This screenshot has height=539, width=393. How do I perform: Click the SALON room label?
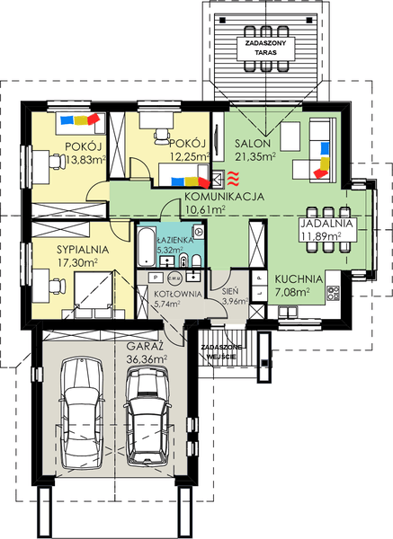(x=253, y=144)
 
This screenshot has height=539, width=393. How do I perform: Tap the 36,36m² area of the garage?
(x=147, y=359)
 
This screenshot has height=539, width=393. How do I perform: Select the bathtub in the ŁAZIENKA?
(x=146, y=246)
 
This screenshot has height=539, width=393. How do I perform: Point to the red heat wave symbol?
(x=234, y=178)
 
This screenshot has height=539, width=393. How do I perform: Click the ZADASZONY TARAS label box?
(x=266, y=49)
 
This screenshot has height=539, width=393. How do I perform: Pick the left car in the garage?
(x=82, y=413)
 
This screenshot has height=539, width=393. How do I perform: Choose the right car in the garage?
(x=147, y=417)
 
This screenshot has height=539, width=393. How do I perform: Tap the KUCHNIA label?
(x=299, y=279)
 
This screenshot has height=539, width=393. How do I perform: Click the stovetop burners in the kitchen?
(x=333, y=293)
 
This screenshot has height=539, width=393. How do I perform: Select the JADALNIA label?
(x=326, y=224)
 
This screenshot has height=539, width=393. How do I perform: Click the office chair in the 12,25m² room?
(x=161, y=137)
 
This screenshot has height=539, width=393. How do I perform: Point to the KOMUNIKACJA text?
(x=224, y=197)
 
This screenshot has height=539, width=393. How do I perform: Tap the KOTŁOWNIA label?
(x=177, y=295)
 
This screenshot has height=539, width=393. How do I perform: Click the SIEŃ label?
(x=230, y=291)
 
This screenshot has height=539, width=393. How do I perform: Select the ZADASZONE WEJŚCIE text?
(x=221, y=352)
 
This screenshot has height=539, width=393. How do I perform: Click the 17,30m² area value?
(x=77, y=263)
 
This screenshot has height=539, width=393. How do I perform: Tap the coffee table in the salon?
(x=290, y=137)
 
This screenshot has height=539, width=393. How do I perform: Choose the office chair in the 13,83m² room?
(x=57, y=162)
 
